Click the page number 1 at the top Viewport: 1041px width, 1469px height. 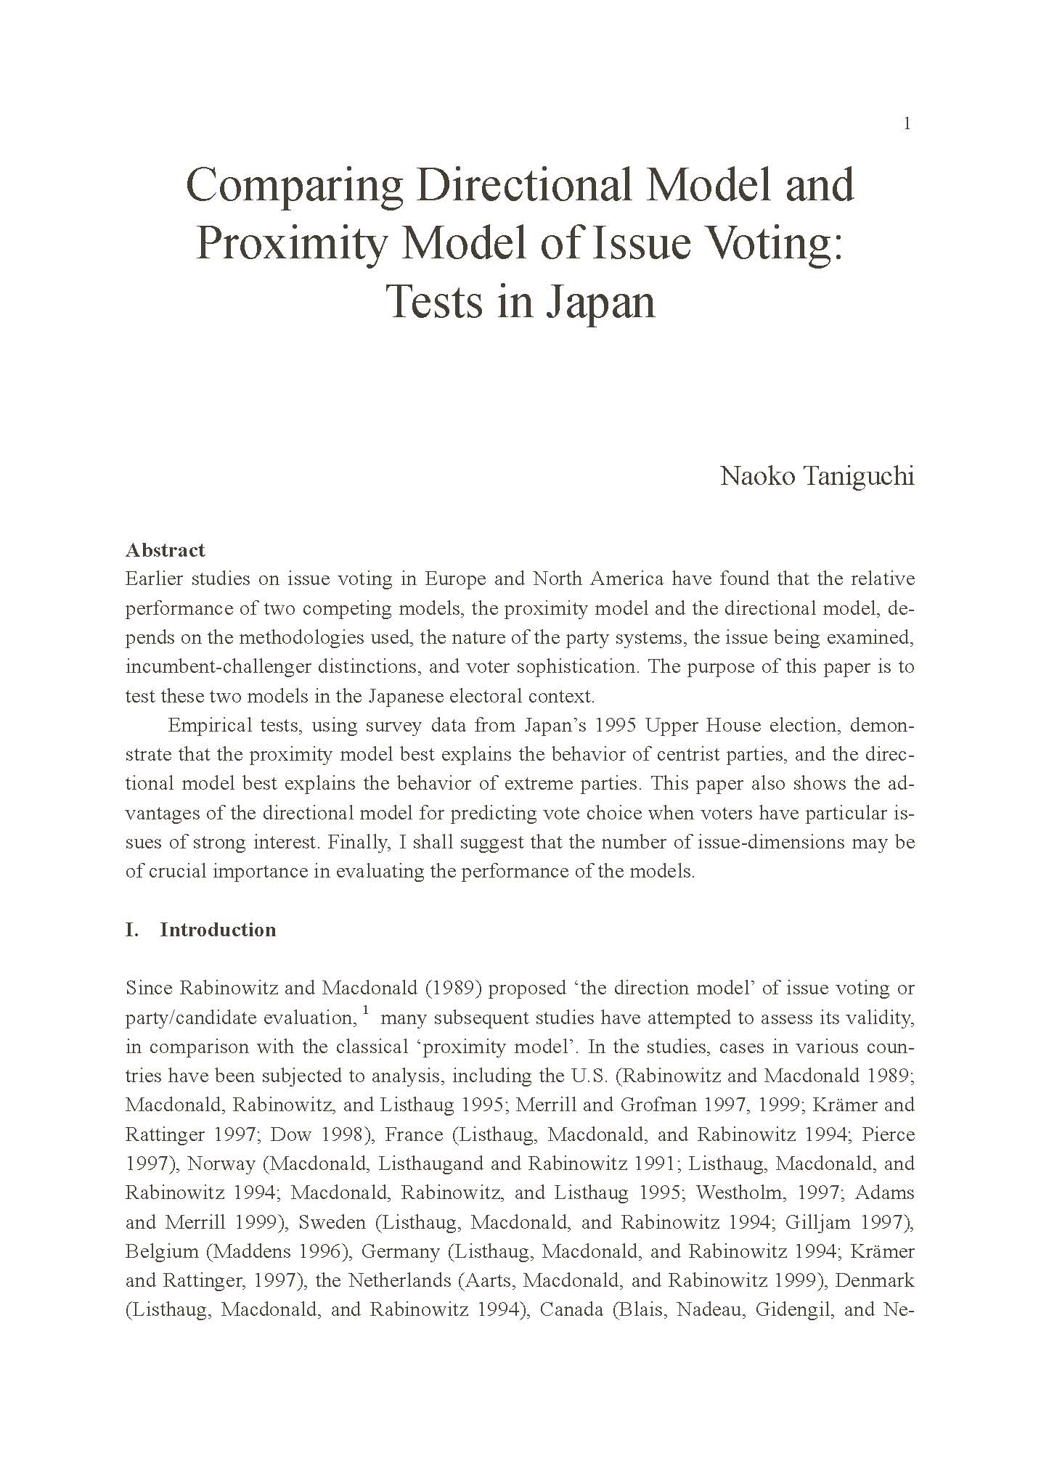[x=907, y=124]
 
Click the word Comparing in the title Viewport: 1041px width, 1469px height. [x=295, y=186]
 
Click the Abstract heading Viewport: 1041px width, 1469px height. [x=166, y=550]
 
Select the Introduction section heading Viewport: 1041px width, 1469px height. [x=218, y=930]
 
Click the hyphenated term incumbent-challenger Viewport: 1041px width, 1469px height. [x=219, y=666]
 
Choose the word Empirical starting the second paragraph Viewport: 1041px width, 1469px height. [x=208, y=725]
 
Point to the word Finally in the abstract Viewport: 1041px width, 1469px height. [x=360, y=842]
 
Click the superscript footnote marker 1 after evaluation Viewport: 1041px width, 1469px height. [x=366, y=1010]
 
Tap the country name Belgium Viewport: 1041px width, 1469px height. [x=161, y=1251]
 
